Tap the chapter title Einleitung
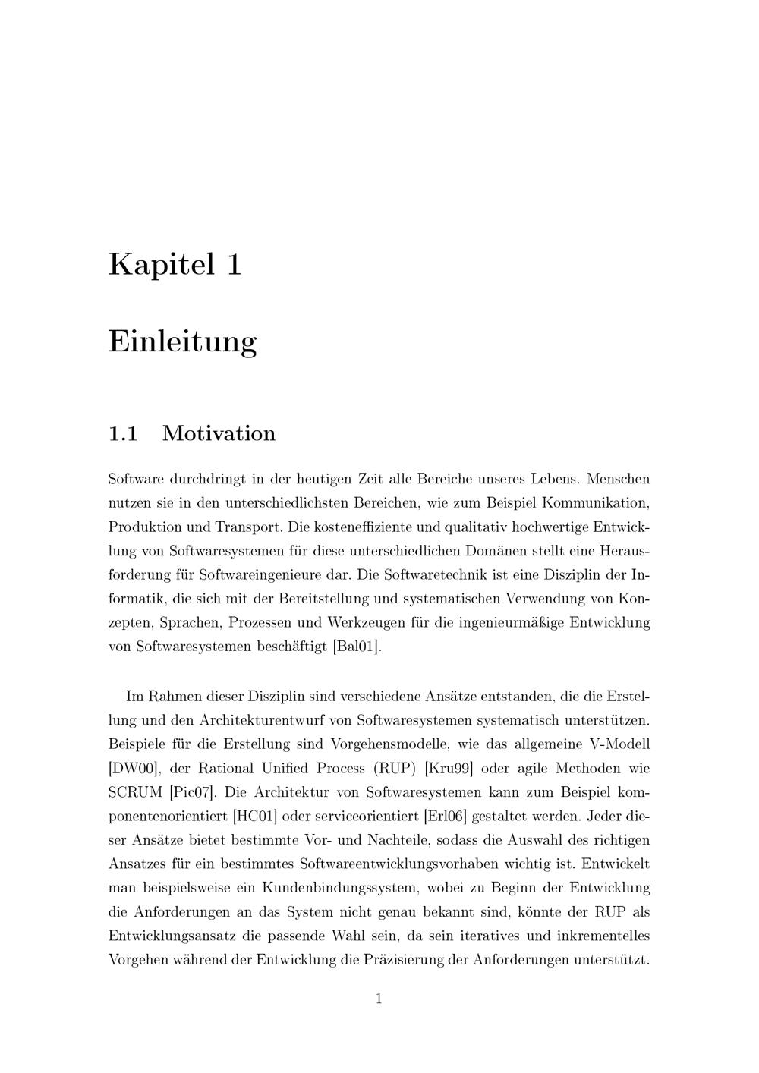[183, 341]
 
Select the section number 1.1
[123, 434]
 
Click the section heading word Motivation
[219, 434]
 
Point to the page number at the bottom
[379, 999]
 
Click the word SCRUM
[136, 792]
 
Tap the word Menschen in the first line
[619, 479]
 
